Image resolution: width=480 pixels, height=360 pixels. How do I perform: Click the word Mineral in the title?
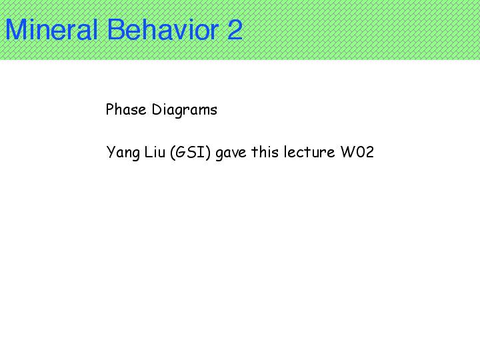coord(51,29)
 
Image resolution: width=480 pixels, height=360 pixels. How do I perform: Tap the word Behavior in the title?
coord(163,29)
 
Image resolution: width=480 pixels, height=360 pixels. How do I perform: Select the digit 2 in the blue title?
coord(235,29)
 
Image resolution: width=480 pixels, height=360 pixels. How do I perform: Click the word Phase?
coord(126,109)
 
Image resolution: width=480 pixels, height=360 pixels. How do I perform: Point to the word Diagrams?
coord(185,110)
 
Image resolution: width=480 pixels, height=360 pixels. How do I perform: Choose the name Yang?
coord(123,153)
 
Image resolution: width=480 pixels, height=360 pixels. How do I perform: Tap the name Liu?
coord(155,152)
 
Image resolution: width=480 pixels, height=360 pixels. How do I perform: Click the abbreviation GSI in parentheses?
coord(190,152)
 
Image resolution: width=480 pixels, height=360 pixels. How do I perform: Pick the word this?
coord(265,152)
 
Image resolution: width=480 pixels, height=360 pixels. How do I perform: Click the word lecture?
coord(309,152)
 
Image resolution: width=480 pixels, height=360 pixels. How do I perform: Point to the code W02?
coord(357,152)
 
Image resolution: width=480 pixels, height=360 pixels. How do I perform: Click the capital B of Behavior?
coord(116,29)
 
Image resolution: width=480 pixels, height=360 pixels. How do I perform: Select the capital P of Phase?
coord(110,109)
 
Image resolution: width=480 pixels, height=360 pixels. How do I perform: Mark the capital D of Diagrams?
coord(157,109)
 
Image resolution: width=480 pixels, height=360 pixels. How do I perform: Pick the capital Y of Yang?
coord(110,152)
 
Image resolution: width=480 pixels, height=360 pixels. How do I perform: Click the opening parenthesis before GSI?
coord(172,153)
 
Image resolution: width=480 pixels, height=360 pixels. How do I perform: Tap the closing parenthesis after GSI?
coord(208,153)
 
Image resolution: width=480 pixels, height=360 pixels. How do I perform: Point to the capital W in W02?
coord(347,152)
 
